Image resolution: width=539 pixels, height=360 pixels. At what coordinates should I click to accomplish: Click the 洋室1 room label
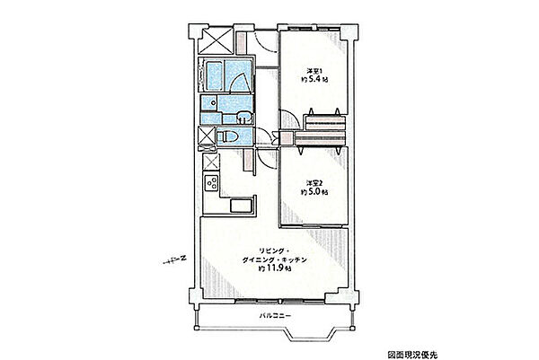314,72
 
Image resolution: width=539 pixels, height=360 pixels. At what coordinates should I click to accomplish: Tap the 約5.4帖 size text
314,80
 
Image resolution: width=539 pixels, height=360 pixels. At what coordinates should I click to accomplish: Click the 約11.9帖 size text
274,268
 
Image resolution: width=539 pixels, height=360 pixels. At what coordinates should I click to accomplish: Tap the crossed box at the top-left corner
216,40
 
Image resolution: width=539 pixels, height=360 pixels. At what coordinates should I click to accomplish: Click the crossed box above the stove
211,162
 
